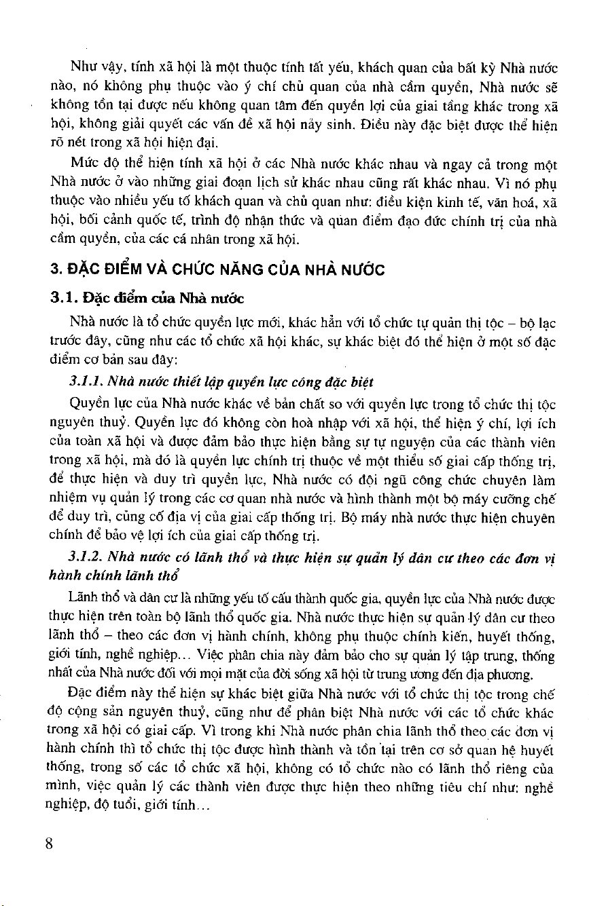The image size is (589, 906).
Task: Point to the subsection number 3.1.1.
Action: pyautogui.click(x=86, y=383)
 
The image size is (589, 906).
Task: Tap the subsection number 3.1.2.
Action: pyautogui.click(x=86, y=558)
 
